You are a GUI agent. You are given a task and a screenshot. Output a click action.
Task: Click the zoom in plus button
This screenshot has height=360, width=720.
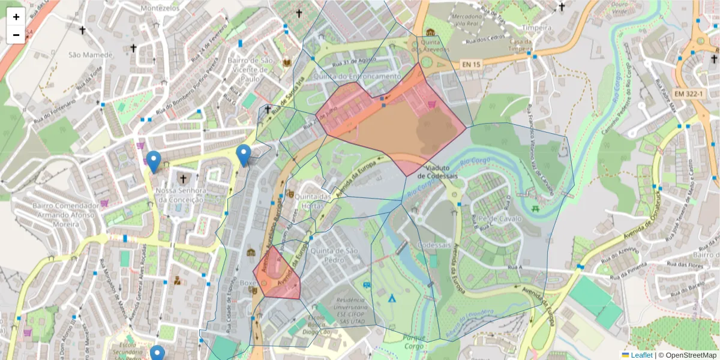[x=16, y=17]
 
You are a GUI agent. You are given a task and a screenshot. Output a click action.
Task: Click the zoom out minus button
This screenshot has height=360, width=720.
[x=16, y=35]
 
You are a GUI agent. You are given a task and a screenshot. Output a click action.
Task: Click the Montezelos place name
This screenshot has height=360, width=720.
[x=160, y=8]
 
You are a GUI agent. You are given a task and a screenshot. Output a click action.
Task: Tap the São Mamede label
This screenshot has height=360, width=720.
[x=90, y=55]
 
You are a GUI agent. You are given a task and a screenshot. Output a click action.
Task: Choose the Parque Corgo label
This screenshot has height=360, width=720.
[x=406, y=341]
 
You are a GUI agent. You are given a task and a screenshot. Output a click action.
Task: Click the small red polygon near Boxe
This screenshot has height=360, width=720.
[x=277, y=273]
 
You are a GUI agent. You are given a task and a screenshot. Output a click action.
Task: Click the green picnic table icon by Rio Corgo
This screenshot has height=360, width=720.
[x=535, y=208]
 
